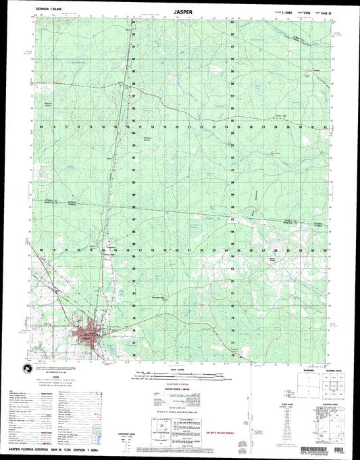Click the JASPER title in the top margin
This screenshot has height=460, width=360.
180,11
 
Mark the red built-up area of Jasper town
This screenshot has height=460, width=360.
88,332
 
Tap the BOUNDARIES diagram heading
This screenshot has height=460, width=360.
285,369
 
